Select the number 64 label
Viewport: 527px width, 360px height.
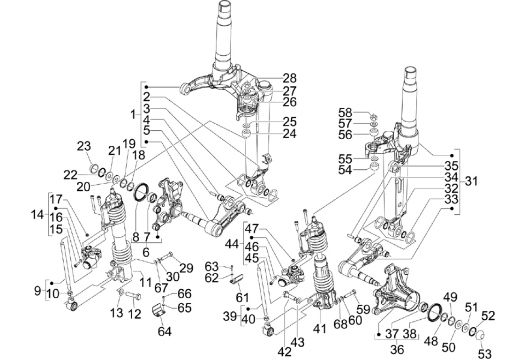[x=165, y=331]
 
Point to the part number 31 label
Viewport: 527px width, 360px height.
[x=471, y=180]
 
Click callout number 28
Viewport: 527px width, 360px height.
[x=289, y=78]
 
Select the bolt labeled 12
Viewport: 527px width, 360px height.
[x=136, y=296]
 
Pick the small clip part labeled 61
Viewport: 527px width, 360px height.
[x=237, y=279]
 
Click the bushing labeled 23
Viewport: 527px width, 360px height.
[x=93, y=168]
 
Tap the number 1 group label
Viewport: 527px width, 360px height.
[x=134, y=114]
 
